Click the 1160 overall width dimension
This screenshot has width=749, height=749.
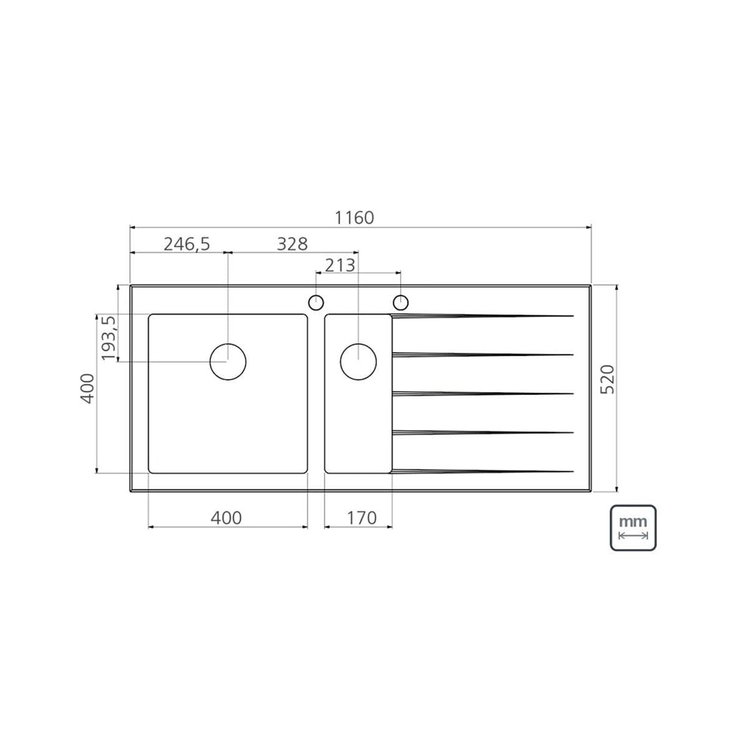pyautogui.click(x=354, y=218)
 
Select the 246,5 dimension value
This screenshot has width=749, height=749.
pyautogui.click(x=187, y=244)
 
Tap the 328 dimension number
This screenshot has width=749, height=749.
pyautogui.click(x=292, y=244)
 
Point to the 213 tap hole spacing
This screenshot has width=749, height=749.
pyautogui.click(x=340, y=265)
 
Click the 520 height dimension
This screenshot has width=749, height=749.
pyautogui.click(x=607, y=379)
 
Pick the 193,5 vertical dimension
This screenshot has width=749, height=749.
pyautogui.click(x=109, y=338)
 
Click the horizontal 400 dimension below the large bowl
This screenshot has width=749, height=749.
pyautogui.click(x=226, y=517)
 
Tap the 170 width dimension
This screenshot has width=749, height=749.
pyautogui.click(x=361, y=517)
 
